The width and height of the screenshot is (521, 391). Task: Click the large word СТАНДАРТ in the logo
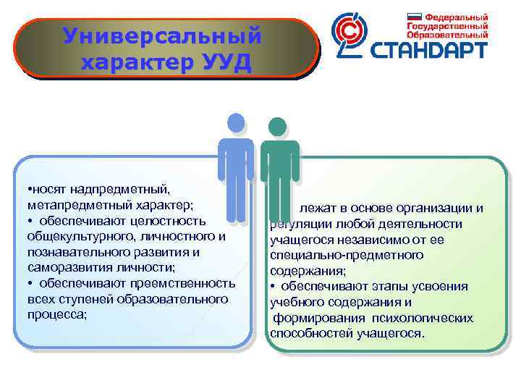click(430, 51)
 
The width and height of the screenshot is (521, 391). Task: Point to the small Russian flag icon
click(414, 16)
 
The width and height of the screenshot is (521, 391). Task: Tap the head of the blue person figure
click(236, 124)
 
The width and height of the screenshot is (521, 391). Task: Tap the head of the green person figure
click(277, 127)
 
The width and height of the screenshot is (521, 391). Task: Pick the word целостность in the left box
click(169, 220)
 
